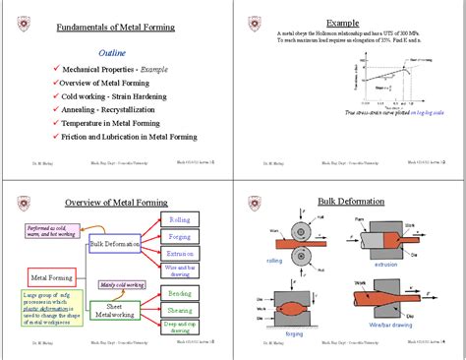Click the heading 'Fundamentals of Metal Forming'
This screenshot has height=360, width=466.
coord(116,29)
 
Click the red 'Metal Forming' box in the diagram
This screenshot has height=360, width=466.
coord(55,278)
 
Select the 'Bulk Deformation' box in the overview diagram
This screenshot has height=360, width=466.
coord(116,244)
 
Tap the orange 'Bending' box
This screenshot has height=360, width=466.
coord(180,293)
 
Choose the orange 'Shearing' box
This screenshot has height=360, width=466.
coord(180,310)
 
